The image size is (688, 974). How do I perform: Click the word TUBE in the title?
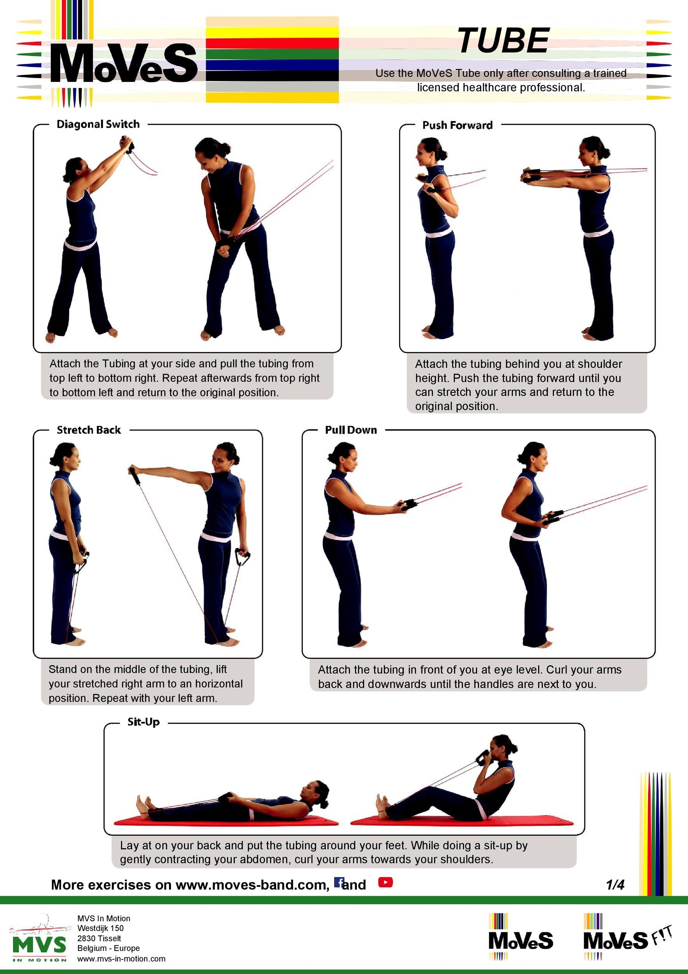click(503, 41)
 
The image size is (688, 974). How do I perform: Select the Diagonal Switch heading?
click(98, 124)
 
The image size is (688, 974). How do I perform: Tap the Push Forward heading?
click(457, 125)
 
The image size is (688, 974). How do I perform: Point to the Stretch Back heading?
click(89, 430)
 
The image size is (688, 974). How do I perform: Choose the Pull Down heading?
click(350, 430)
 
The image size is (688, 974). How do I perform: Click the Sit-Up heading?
click(143, 722)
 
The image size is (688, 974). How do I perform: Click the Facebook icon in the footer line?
click(339, 882)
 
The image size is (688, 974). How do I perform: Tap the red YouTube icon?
click(385, 882)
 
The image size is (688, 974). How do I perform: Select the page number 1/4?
click(615, 884)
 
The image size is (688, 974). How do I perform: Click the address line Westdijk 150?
click(100, 928)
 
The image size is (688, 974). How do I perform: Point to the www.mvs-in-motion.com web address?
click(121, 959)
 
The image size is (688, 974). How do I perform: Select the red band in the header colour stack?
click(272, 43)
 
